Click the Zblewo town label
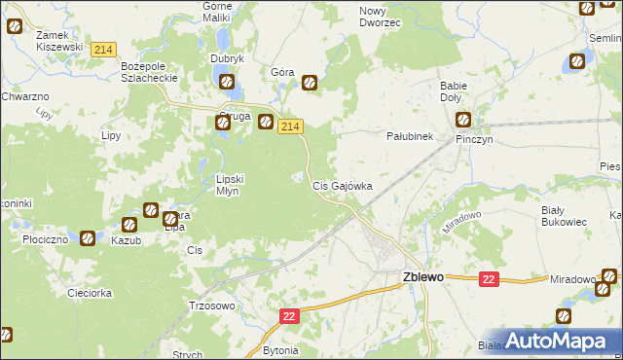pyautogui.click(x=423, y=276)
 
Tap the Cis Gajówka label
pyautogui.click(x=342, y=185)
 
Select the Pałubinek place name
pyautogui.click(x=410, y=137)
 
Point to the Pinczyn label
pyautogui.click(x=477, y=139)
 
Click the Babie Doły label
pyautogui.click(x=455, y=90)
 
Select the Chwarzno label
pyautogui.click(x=24, y=96)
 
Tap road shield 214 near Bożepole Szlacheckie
pyautogui.click(x=103, y=49)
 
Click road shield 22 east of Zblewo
pyautogui.click(x=489, y=279)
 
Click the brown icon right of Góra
pyautogui.click(x=310, y=83)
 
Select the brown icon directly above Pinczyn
pyautogui.click(x=463, y=122)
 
